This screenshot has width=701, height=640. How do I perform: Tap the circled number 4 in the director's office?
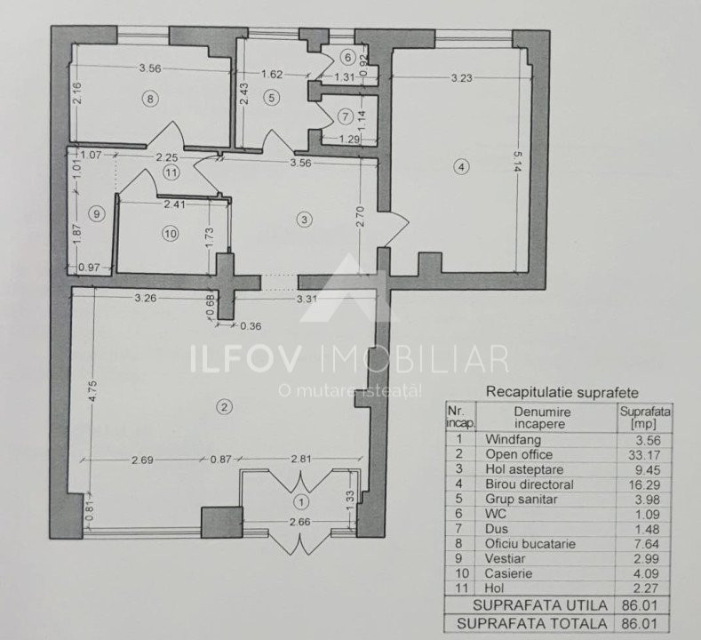click(x=460, y=165)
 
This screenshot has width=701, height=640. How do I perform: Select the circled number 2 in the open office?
click(x=225, y=407)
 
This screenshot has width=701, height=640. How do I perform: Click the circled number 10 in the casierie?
click(x=171, y=233)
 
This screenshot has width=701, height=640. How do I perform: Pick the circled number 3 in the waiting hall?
click(x=304, y=219)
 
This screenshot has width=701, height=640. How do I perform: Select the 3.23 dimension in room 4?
click(x=460, y=78)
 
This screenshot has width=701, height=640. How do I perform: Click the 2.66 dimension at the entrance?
click(x=299, y=523)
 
